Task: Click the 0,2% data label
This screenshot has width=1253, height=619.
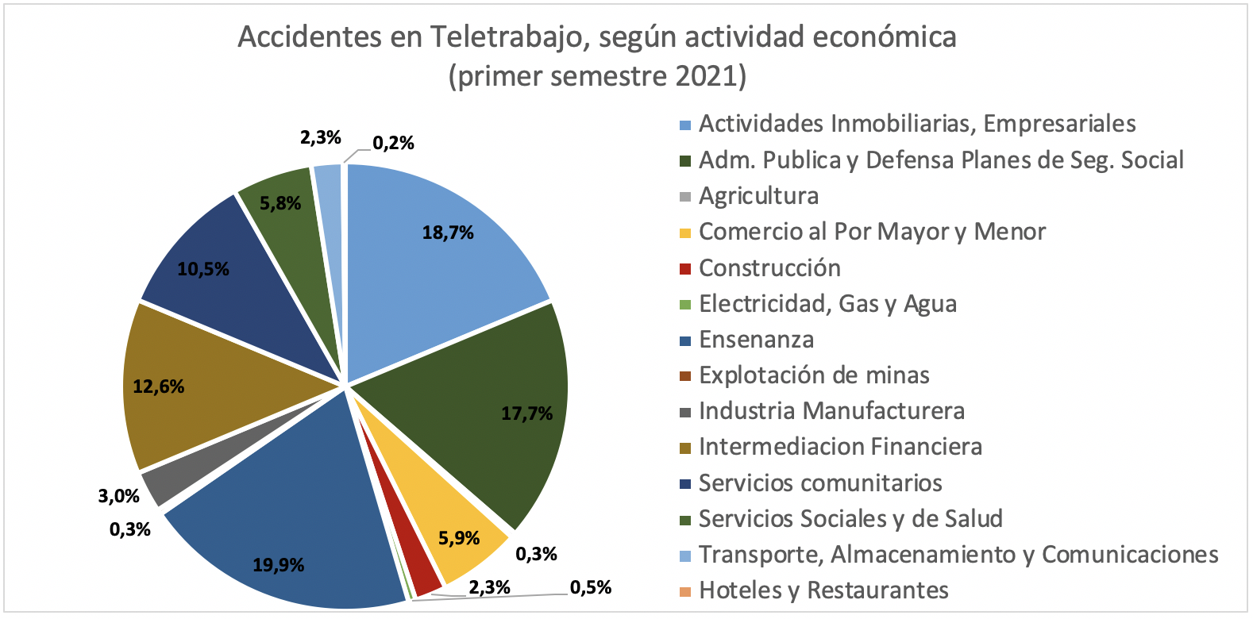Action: pyautogui.click(x=393, y=143)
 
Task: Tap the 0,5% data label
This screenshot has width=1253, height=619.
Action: pyautogui.click(x=591, y=588)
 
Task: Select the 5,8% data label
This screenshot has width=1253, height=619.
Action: pyautogui.click(x=280, y=203)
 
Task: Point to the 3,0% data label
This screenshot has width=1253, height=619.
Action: pyautogui.click(x=119, y=496)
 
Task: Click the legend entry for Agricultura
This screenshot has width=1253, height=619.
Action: pyautogui.click(x=758, y=196)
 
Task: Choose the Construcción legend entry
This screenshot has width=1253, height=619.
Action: pyautogui.click(x=769, y=268)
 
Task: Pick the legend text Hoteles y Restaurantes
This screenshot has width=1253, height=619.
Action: pyautogui.click(x=823, y=590)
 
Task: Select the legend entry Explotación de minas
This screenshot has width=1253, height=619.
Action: pyautogui.click(x=814, y=375)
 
